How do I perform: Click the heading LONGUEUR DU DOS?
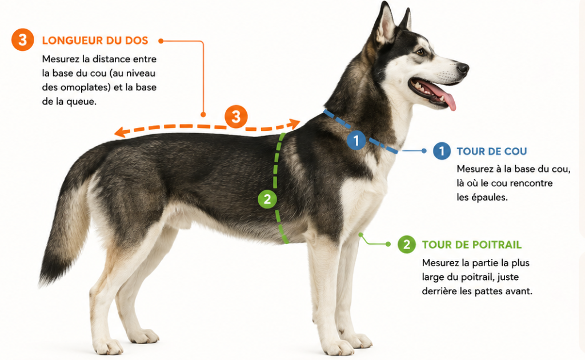pos(95,41)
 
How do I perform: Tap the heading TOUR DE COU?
pos(492,151)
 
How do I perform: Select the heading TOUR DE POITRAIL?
pos(471,245)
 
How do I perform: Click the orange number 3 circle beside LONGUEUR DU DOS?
pos(23,39)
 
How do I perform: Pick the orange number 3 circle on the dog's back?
pos(236,117)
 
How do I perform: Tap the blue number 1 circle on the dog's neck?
pos(356,140)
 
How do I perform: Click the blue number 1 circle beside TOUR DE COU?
pos(442,151)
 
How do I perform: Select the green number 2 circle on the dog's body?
pos(267,199)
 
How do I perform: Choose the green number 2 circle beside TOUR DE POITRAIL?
pos(407,245)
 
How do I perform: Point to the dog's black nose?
pos(463,68)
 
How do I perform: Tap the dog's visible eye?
pos(421,52)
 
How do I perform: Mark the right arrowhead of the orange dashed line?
pos(295,123)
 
